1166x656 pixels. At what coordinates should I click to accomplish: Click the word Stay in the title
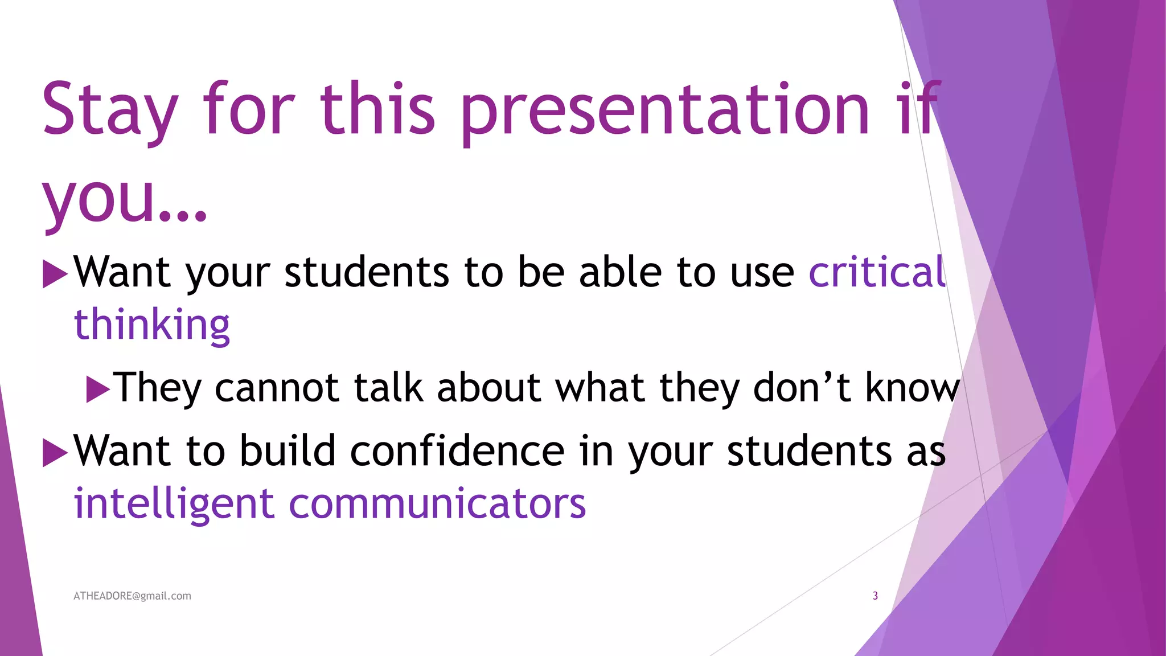pos(110,109)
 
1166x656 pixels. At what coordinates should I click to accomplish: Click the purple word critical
pos(877,272)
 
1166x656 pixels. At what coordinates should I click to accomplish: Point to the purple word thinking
pos(152,325)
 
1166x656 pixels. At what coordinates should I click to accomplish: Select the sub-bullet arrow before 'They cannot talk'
pos(98,389)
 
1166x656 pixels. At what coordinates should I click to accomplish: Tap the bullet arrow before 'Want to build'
pos(55,453)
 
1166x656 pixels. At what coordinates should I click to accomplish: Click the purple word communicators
pos(437,505)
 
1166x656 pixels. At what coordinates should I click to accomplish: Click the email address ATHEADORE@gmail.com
pos(132,596)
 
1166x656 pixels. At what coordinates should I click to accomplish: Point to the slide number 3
pos(875,596)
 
